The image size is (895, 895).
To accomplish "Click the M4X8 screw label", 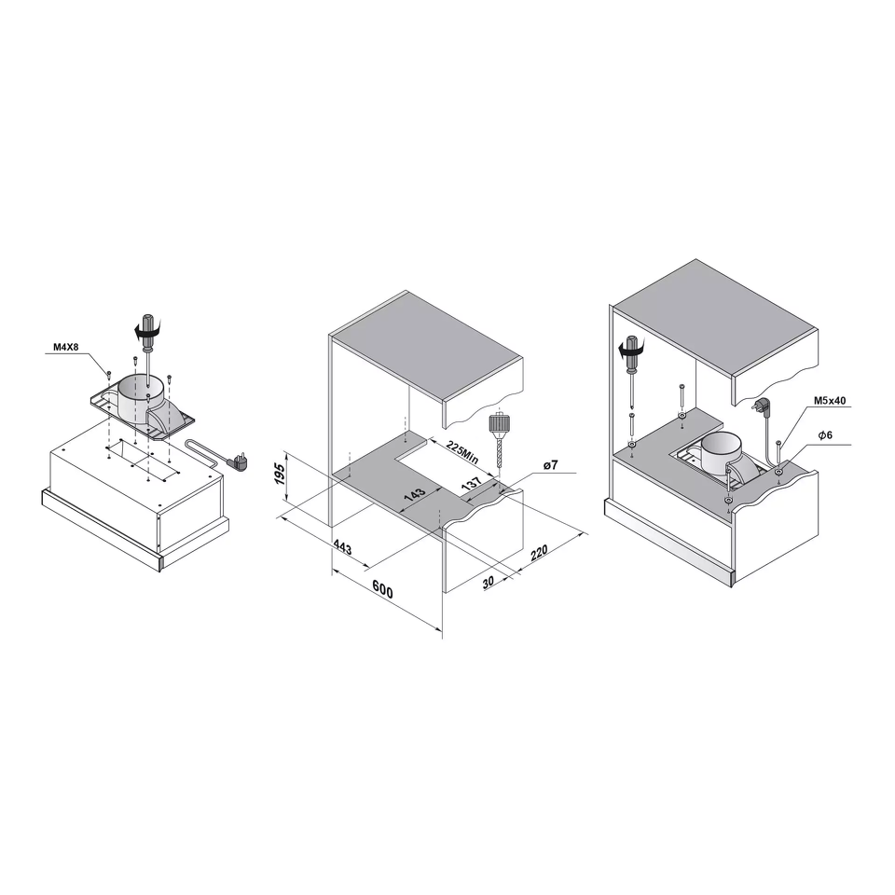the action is pyautogui.click(x=65, y=347).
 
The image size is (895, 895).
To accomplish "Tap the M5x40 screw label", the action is pyautogui.click(x=831, y=401).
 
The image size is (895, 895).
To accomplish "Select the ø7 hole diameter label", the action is pyautogui.click(x=550, y=466).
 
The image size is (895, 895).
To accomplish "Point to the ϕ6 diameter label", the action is pyautogui.click(x=825, y=435).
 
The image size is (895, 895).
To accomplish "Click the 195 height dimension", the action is pyautogui.click(x=280, y=475).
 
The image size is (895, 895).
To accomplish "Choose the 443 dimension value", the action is pyautogui.click(x=342, y=547).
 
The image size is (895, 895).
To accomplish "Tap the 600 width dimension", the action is pyautogui.click(x=382, y=589).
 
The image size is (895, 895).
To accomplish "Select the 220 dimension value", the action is pyautogui.click(x=540, y=552).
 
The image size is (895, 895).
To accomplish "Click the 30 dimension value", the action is pyautogui.click(x=489, y=582).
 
